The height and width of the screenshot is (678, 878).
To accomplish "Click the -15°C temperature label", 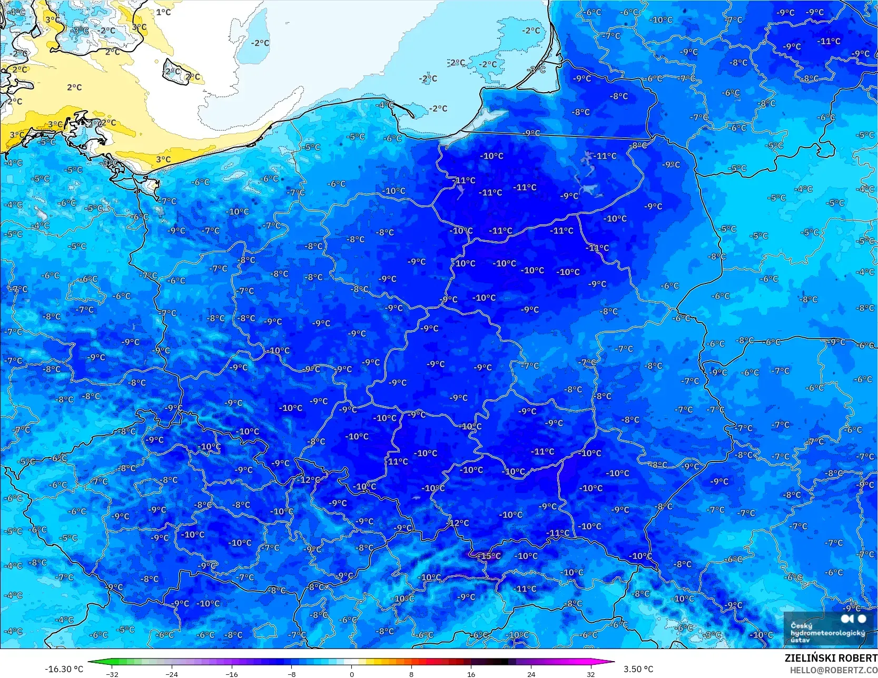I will tap(489, 556).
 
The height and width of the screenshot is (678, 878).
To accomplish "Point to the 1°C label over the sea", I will tap(163, 12).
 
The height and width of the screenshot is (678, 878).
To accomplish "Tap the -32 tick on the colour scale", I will tap(112, 674).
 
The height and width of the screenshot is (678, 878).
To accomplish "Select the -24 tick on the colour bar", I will tap(172, 674).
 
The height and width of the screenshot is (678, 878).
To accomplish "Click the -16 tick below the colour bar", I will tap(232, 674).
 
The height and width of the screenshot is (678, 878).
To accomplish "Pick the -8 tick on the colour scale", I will tap(292, 674).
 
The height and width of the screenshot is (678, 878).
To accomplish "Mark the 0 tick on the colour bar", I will tap(352, 674).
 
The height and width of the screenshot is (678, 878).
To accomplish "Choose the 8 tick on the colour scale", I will tap(411, 674).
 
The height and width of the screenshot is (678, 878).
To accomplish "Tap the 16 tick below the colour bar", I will tap(471, 674).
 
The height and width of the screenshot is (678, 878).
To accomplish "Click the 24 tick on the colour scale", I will tap(531, 674).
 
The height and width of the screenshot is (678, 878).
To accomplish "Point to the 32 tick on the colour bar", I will tap(591, 674).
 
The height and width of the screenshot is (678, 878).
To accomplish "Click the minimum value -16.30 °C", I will tap(64, 669).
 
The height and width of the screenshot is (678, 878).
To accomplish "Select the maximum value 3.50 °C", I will tap(638, 669).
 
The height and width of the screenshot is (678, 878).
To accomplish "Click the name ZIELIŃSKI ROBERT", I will tap(831, 658).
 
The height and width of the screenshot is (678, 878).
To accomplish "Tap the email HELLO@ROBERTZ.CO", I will tap(833, 670).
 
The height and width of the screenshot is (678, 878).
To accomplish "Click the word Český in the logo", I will tap(801, 625).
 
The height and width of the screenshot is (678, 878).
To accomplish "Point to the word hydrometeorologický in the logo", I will tap(827, 633).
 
